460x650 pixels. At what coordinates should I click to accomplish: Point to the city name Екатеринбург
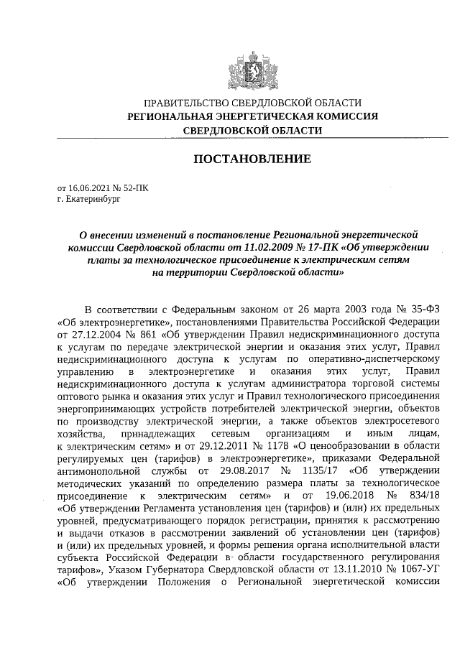pos(93,200)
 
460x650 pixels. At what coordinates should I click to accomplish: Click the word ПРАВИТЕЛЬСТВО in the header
pos(183,103)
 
